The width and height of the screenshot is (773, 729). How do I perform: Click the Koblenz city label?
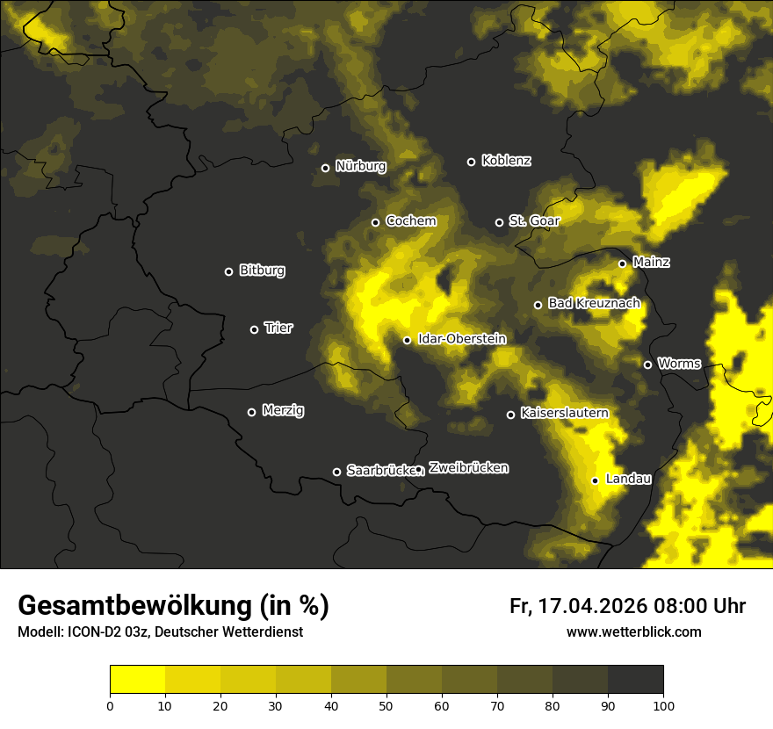pos(506,161)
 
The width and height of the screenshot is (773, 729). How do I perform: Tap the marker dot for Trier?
pos(255,329)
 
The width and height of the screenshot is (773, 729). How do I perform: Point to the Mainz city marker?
pos(622,263)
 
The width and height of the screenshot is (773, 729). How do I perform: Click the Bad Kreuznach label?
pos(594,303)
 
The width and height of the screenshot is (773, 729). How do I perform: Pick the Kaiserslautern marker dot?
pos(510,415)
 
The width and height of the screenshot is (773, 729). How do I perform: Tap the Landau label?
pos(628,479)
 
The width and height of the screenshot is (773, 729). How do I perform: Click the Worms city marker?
pos(647,364)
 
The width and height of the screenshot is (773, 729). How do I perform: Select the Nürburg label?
pos(360,166)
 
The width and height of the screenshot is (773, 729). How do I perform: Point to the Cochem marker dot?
pos(375,222)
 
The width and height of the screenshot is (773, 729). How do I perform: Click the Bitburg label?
pos(262,271)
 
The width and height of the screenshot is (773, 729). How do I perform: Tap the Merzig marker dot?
pos(251,412)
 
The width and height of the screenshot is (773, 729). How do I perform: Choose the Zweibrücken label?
pos(468,468)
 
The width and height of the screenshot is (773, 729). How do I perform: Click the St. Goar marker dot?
pos(499,222)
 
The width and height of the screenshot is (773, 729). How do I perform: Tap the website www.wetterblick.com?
pos(633,632)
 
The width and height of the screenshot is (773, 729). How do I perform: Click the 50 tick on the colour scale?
pos(386,705)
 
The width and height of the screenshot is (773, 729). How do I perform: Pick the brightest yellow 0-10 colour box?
pos(137,680)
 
